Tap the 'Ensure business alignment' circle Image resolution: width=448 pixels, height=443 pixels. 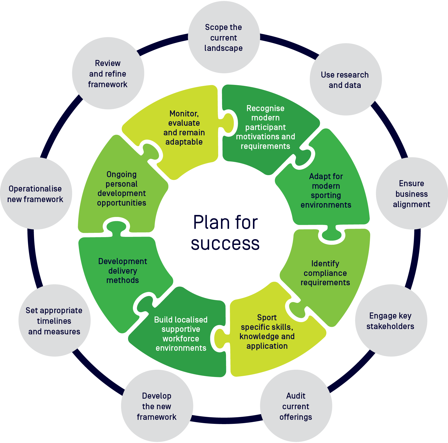[412, 194]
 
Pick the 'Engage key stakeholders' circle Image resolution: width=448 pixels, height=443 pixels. [391, 321]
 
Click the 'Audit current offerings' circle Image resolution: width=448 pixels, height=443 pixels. [296, 406]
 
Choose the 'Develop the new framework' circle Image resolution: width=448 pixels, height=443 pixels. [157, 406]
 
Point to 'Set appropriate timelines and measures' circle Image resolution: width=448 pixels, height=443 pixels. [54, 321]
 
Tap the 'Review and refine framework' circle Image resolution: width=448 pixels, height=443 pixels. [108, 74]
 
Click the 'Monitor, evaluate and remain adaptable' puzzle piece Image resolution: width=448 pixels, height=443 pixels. [184, 128]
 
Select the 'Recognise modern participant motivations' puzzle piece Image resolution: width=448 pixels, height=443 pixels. [265, 127]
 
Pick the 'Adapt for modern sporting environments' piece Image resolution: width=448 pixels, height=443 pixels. [326, 191]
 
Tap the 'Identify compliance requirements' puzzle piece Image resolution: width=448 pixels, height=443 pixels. [325, 273]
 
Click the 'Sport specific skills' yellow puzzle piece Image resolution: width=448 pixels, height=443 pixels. [267, 332]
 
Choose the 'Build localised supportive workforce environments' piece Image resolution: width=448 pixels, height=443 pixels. [181, 334]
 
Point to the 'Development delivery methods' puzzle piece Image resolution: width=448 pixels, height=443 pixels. [123, 270]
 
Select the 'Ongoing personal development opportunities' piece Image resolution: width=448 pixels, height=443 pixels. [122, 188]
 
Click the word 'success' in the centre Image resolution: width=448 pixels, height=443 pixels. [225, 244]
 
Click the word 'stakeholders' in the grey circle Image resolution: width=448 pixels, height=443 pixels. [390, 326]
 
